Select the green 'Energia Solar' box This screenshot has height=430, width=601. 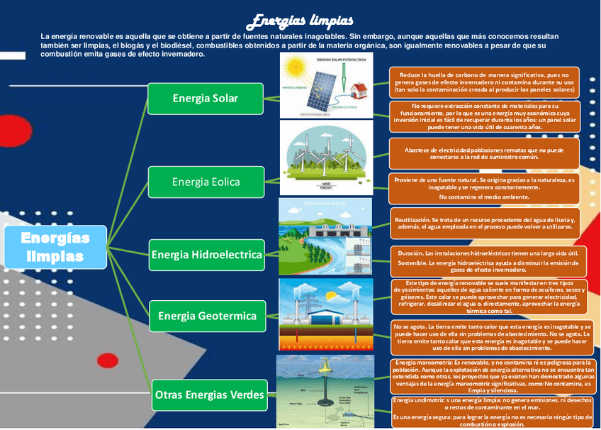point(205,98)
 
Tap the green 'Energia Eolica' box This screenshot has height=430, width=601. point(206,182)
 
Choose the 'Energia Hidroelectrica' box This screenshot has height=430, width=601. point(206,254)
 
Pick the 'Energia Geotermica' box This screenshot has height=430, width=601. point(207,315)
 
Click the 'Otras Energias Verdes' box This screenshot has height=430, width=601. point(209,395)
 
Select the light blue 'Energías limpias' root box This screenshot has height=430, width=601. point(55,247)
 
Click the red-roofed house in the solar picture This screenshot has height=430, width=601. point(358,89)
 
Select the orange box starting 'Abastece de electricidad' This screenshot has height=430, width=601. point(485,153)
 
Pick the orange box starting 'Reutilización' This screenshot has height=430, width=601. point(485,224)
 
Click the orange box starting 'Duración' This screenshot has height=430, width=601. point(488,261)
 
